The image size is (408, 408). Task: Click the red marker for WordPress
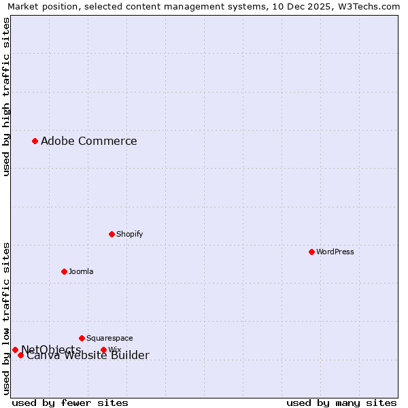pos(312,252)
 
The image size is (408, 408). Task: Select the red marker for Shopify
pos(112,234)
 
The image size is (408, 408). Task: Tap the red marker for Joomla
pos(64,271)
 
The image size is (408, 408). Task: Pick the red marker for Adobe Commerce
pos(35,141)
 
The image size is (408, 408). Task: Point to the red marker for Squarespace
pos(82,338)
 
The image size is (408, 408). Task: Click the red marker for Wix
pos(103,350)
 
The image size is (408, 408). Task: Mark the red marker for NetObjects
pos(15,350)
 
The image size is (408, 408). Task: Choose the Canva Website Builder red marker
pos(21,355)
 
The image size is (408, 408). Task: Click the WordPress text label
pos(335,252)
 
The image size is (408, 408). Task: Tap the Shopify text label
pos(130,234)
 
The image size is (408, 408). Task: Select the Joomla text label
pos(81,271)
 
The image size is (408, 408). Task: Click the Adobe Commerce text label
pos(89,141)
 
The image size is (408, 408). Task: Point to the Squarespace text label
pos(109,338)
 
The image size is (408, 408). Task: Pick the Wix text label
pos(115,350)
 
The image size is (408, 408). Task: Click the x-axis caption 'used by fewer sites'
pos(70,403)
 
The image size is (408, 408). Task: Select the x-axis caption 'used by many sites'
pos(341,403)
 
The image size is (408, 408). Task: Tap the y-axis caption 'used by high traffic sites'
pos(7,97)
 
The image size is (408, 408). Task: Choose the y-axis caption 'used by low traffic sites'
pos(7,318)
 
